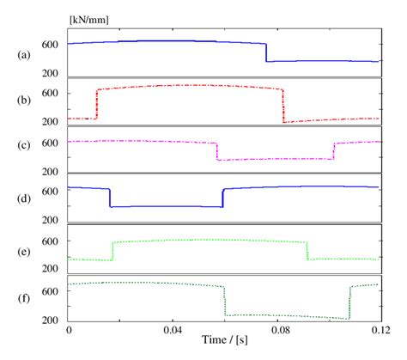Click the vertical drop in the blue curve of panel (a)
(x=266, y=52)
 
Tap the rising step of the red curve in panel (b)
(x=96, y=103)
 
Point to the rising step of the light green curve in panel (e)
(x=112, y=250)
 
